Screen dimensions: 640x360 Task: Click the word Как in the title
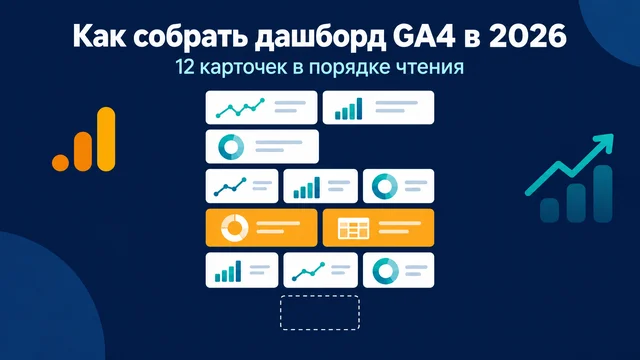98,36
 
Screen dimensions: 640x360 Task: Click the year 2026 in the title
528,36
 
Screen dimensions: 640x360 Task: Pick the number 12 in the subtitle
185,67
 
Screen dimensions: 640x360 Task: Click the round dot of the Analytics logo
60,162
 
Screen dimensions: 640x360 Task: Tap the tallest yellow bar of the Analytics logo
106,139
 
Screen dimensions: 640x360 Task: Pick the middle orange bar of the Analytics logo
83,151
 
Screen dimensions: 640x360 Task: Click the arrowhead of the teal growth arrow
605,141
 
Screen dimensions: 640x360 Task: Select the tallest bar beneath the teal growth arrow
602,193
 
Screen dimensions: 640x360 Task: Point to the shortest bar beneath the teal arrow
549,210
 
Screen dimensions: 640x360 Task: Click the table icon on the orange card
353,228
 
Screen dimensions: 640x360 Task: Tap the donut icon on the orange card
234,228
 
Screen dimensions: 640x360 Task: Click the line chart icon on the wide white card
240,108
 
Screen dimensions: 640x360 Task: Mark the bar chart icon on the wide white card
349,109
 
